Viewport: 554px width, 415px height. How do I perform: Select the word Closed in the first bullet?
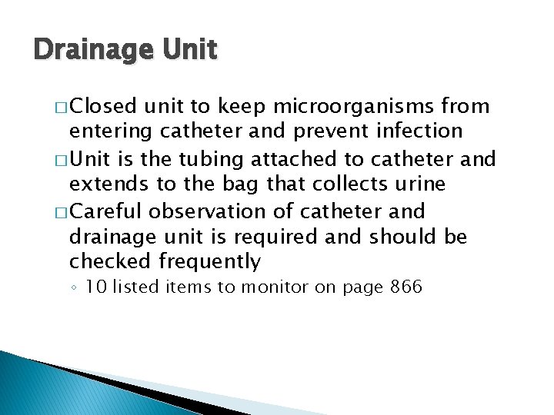pyautogui.click(x=106, y=105)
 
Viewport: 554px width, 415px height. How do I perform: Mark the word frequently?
pyautogui.click(x=214, y=262)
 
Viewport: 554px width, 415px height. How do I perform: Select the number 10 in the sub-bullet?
pyautogui.click(x=95, y=288)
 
